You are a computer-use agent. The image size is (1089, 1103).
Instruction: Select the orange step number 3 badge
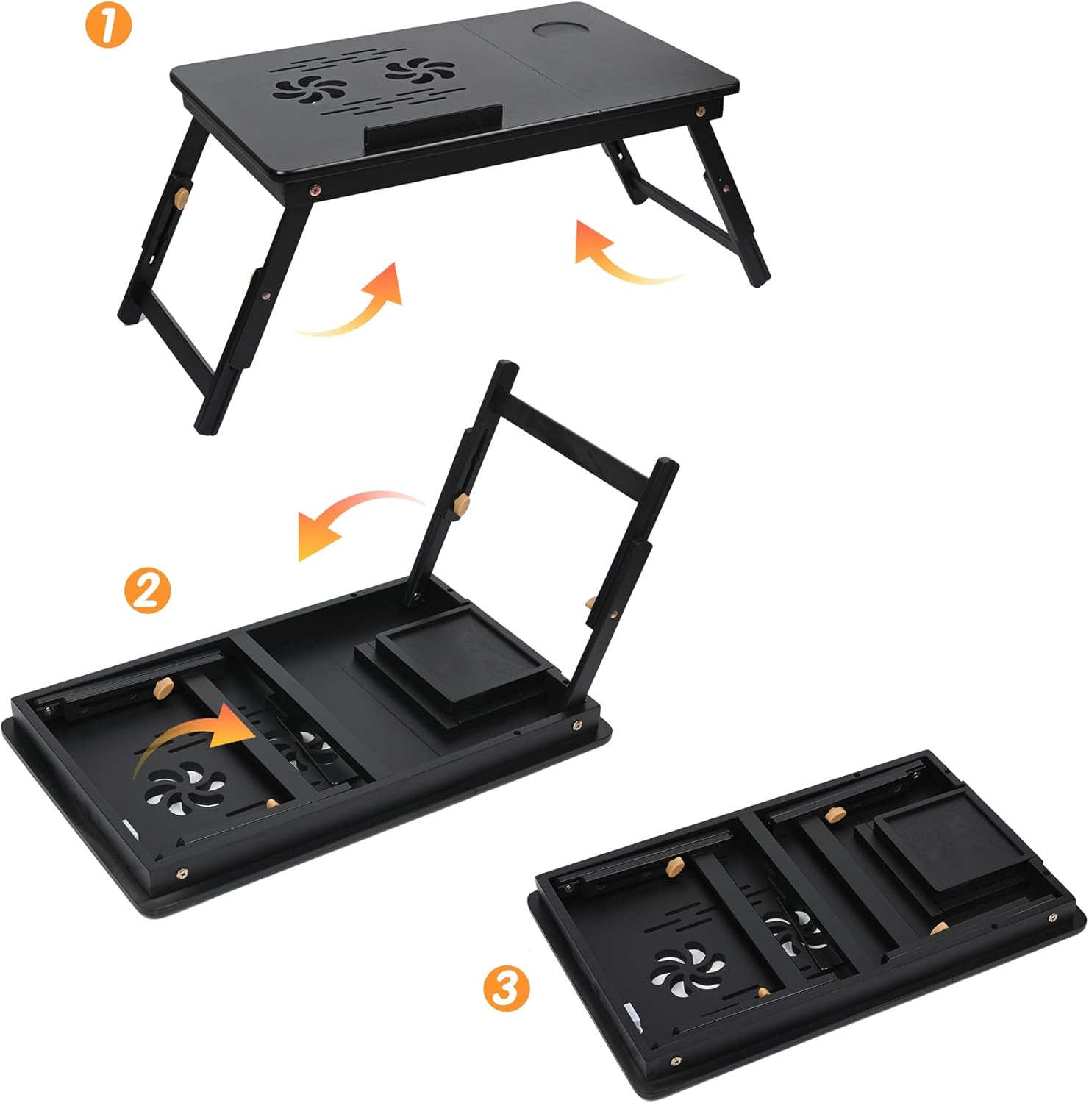(x=506, y=990)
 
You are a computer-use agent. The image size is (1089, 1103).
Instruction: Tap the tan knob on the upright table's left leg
(x=181, y=196)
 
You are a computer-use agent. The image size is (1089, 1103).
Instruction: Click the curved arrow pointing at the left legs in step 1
(x=353, y=305)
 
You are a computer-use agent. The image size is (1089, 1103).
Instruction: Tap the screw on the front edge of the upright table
(x=315, y=189)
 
